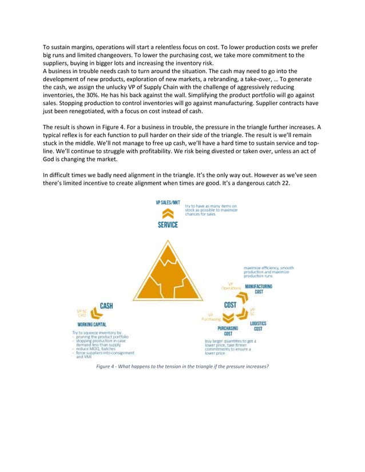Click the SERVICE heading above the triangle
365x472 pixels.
pos(168,225)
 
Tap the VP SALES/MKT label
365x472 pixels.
pos(167,203)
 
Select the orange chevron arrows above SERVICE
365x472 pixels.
pos(168,214)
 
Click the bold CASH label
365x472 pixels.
pos(106,306)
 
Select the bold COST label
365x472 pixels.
pos(231,305)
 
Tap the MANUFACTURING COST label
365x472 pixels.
pos(259,289)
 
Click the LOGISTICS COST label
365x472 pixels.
pos(259,326)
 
